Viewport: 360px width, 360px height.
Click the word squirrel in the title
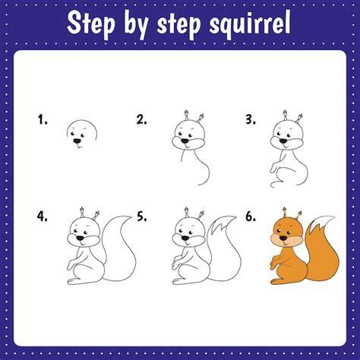(250, 24)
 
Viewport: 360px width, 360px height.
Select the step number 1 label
(43, 119)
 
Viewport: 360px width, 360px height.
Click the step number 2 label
(141, 119)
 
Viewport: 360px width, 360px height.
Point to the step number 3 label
(251, 119)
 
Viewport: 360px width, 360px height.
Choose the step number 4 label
(42, 216)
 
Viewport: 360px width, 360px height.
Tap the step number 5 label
(142, 216)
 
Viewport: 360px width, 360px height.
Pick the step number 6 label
(251, 216)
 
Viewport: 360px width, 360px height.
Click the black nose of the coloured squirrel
(283, 238)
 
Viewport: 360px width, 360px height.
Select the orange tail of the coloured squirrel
(322, 256)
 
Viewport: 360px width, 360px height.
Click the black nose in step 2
(185, 141)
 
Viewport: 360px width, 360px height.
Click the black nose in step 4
(81, 238)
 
